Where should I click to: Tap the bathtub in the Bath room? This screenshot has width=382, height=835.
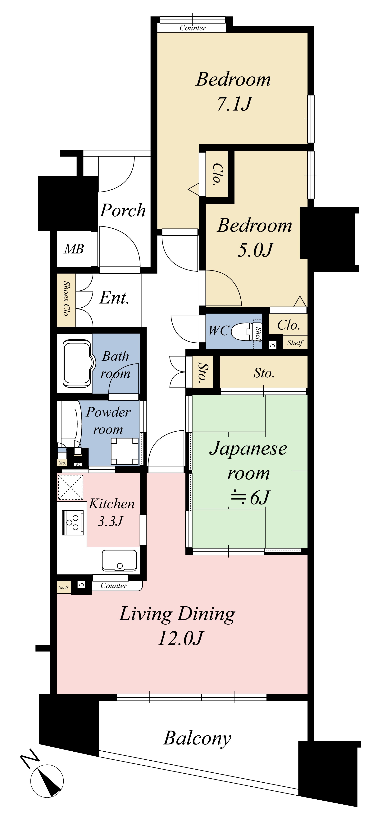(x=77, y=363)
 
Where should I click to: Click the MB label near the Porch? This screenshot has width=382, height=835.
(x=74, y=249)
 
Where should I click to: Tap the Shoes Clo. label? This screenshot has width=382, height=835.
(x=66, y=300)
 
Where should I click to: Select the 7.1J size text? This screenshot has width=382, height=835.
(x=234, y=104)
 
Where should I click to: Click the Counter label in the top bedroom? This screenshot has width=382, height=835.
(x=193, y=28)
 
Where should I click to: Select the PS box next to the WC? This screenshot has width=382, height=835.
(x=272, y=345)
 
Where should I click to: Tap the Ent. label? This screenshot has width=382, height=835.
(x=114, y=298)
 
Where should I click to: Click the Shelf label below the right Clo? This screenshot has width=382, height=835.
(x=295, y=343)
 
